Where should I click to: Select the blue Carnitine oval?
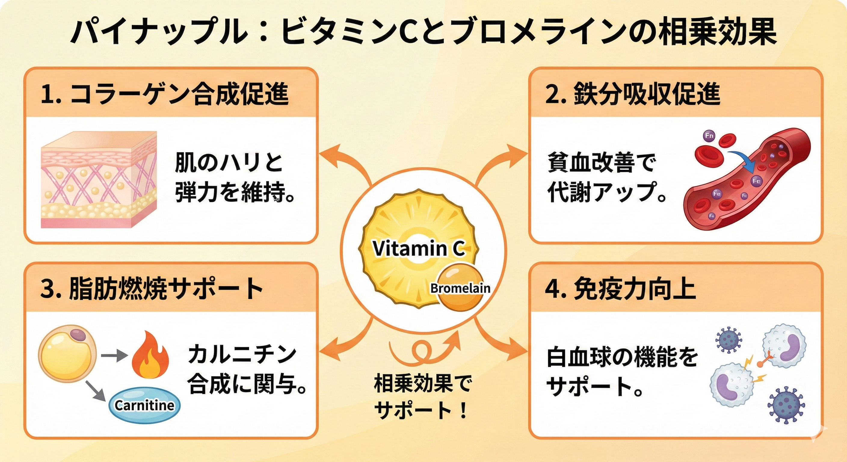(144, 405)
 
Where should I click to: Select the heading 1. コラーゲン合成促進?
(165, 95)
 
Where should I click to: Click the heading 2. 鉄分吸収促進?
(633, 95)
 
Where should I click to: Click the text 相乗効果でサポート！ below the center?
(422, 396)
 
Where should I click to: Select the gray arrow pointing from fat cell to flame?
(113, 356)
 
